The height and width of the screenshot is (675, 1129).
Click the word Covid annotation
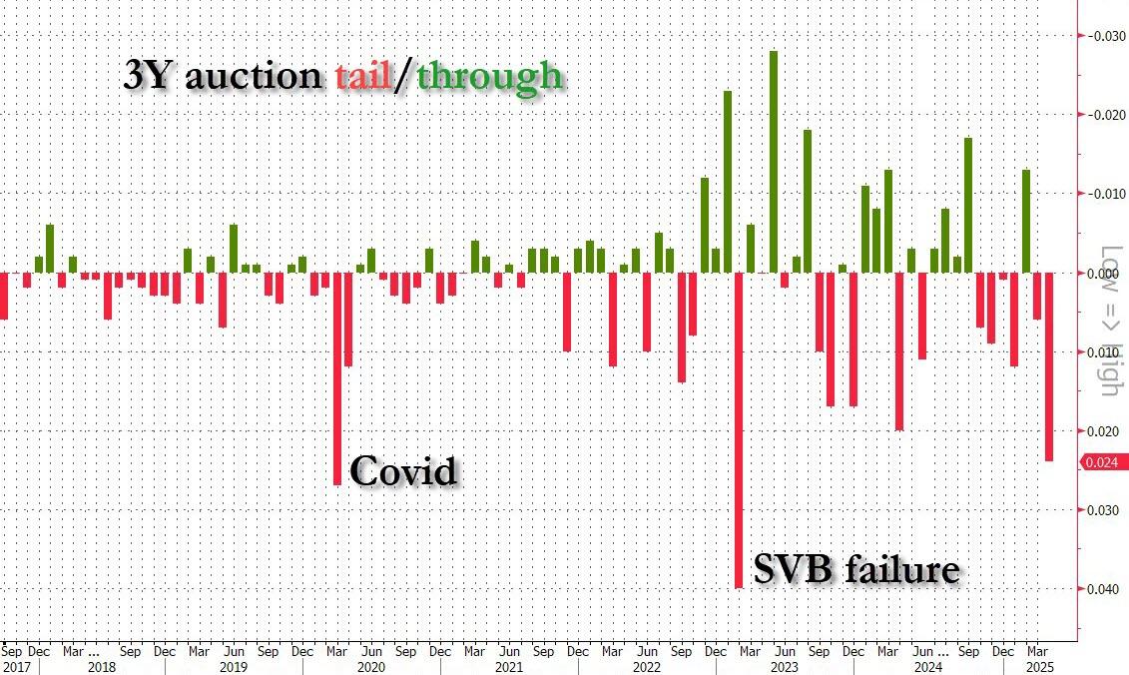pyautogui.click(x=403, y=470)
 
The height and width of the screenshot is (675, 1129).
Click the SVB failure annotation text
pyautogui.click(x=855, y=569)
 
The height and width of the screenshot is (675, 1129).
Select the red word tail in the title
pyautogui.click(x=363, y=76)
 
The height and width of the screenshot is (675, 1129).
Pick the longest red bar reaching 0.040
pyautogui.click(x=739, y=429)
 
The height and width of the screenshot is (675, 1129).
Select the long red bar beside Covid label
pyautogui.click(x=337, y=378)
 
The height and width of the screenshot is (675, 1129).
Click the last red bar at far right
pyautogui.click(x=1049, y=366)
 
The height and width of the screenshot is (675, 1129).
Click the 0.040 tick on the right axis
pyautogui.click(x=1102, y=589)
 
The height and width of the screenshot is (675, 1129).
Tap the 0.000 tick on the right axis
pyautogui.click(x=1102, y=273)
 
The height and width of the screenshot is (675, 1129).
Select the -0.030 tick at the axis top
pyautogui.click(x=1102, y=36)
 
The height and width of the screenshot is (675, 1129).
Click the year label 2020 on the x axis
pyautogui.click(x=370, y=666)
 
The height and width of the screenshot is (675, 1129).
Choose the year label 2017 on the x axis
pyautogui.click(x=17, y=666)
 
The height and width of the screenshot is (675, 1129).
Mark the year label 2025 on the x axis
pyautogui.click(x=1038, y=666)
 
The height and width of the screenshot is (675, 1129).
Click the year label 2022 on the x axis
pyautogui.click(x=646, y=666)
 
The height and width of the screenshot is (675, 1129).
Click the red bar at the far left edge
pyautogui.click(x=3, y=296)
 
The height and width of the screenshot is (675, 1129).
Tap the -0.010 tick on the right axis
pyautogui.click(x=1102, y=194)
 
